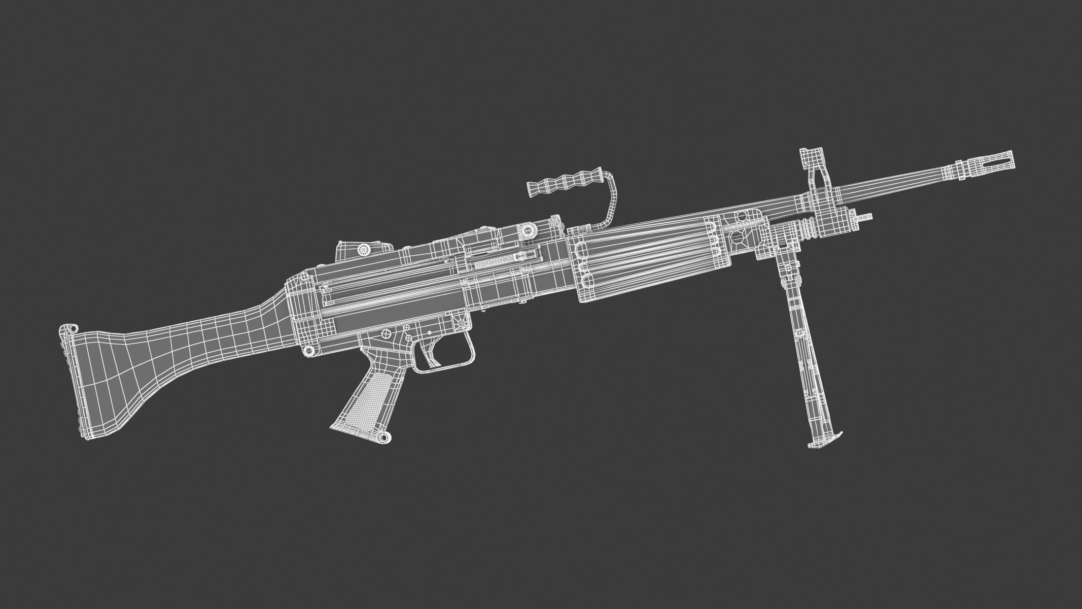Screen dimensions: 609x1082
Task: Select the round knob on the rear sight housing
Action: click(x=363, y=249)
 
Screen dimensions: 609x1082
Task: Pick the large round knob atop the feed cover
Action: click(x=529, y=230)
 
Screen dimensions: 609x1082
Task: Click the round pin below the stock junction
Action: click(x=307, y=350)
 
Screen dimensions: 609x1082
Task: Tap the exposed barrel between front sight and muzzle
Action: click(x=888, y=185)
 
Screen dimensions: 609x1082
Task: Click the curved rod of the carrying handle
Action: click(x=611, y=203)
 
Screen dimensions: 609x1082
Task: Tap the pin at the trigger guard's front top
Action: click(x=461, y=323)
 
